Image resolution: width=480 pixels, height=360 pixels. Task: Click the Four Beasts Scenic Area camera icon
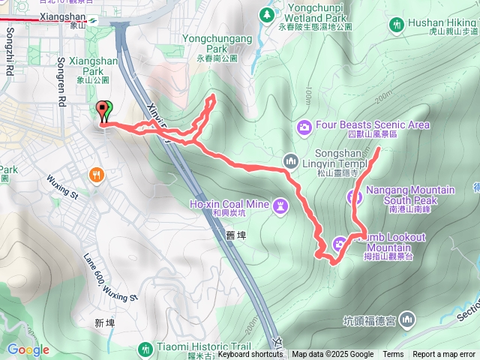point(304,126)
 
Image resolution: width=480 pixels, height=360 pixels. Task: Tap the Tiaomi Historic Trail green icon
point(145,349)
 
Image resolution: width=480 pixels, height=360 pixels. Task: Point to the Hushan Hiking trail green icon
point(395,25)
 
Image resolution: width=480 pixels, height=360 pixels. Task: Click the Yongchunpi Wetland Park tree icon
point(266,14)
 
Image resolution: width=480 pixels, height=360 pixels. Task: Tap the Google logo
point(28,349)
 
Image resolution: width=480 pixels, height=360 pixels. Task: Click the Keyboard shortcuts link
point(250,355)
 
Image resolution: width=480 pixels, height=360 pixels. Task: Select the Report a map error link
point(445,355)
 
